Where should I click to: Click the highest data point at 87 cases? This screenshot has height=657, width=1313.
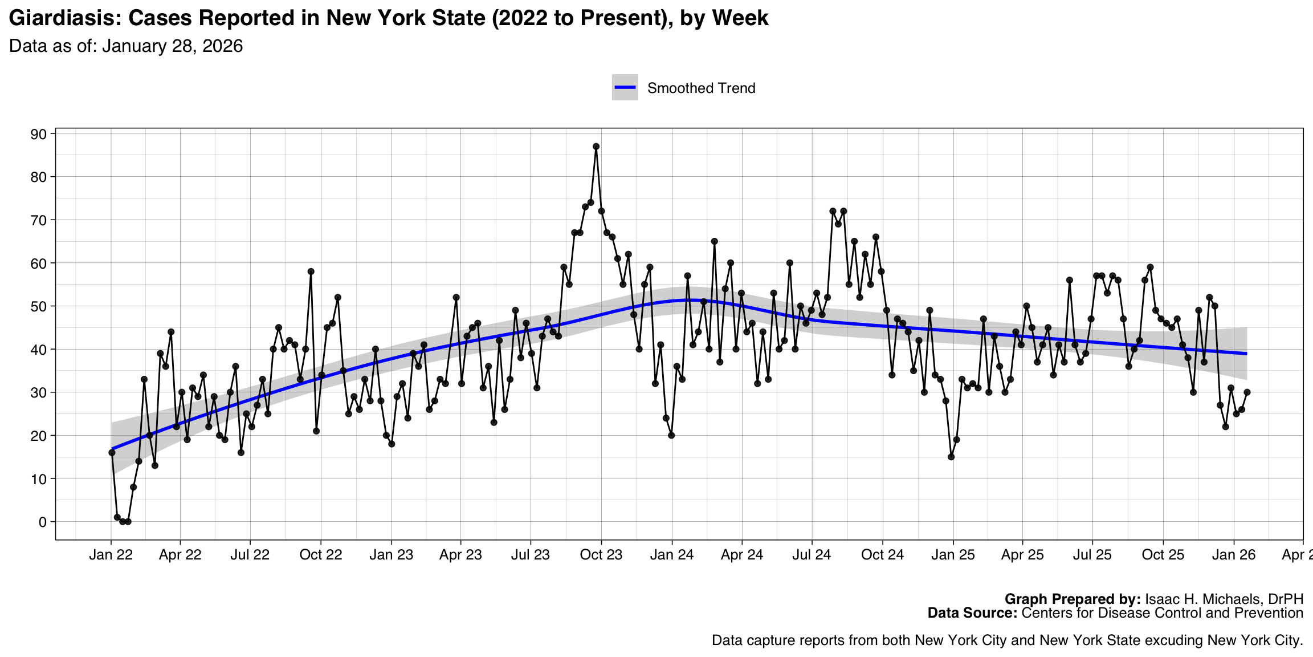click(x=596, y=147)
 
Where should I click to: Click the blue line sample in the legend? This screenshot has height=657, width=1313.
click(x=625, y=87)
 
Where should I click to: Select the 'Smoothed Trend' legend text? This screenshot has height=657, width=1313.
click(x=701, y=88)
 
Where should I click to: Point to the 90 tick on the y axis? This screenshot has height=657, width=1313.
click(x=39, y=134)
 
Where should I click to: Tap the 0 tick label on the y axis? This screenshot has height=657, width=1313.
click(x=43, y=522)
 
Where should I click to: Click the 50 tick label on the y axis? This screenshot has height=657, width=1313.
click(x=39, y=306)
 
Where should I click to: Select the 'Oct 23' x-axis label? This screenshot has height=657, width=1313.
click(x=601, y=555)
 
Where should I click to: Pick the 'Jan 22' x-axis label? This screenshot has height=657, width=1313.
click(x=111, y=555)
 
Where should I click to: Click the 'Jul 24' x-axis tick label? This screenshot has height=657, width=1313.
click(x=812, y=555)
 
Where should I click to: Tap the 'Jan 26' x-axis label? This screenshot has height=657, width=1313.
click(x=1234, y=555)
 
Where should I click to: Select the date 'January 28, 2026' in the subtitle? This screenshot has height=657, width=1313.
click(x=172, y=46)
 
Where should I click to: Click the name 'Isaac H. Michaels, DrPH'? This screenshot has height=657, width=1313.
click(x=1224, y=599)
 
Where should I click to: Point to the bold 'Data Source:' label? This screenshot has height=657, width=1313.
click(x=972, y=613)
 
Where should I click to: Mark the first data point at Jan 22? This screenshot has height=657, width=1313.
click(x=112, y=453)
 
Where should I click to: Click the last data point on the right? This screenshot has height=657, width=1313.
click(x=1247, y=392)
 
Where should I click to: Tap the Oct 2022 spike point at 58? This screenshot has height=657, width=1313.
click(x=311, y=271)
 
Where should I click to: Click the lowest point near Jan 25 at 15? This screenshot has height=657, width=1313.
click(x=951, y=457)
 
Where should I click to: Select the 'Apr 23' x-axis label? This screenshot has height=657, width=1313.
click(x=460, y=555)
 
